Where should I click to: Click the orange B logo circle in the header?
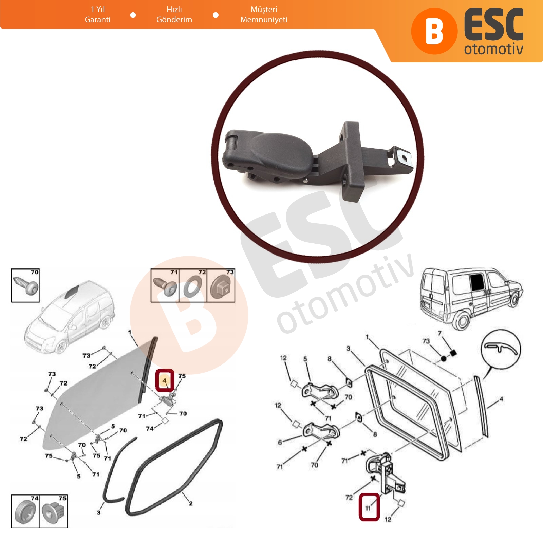434,31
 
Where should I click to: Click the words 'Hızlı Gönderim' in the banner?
174,15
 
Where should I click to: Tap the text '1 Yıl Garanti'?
98,15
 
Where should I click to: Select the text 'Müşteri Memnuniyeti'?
264,15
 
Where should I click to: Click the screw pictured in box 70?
26,285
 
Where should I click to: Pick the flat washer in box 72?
192,286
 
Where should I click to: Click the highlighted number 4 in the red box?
165,380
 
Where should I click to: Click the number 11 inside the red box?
368,508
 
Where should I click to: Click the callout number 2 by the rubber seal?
191,503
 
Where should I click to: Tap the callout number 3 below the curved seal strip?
99,512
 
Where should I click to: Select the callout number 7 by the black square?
440,333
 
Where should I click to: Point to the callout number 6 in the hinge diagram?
280,442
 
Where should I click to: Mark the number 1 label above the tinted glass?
130,332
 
